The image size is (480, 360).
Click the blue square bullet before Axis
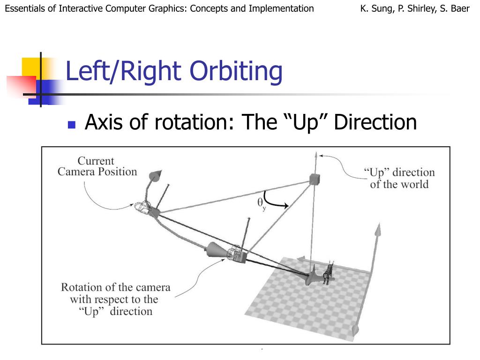click(x=72, y=125)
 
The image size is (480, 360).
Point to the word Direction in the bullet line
click(x=375, y=122)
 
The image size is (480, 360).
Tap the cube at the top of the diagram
click(x=314, y=178)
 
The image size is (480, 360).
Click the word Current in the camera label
click(x=96, y=161)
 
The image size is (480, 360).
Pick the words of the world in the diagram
click(x=399, y=184)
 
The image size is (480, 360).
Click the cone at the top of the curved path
click(x=154, y=177)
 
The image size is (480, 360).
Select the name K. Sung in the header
click(x=377, y=8)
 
